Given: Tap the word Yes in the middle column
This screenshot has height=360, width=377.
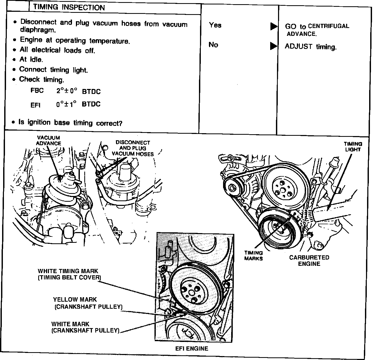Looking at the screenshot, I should pyautogui.click(x=215, y=25).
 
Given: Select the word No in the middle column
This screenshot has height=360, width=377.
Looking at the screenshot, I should pyautogui.click(x=213, y=45).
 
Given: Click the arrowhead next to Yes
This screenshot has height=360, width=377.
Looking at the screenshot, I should pyautogui.click(x=274, y=26).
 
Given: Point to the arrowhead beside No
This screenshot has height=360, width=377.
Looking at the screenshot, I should pyautogui.click(x=274, y=46).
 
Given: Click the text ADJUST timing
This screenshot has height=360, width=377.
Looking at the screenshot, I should pyautogui.click(x=310, y=47).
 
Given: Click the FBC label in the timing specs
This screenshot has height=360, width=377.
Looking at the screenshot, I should pyautogui.click(x=37, y=91).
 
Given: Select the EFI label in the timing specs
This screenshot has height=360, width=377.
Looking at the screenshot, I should pyautogui.click(x=35, y=105).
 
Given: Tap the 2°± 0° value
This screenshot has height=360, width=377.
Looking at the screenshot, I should pyautogui.click(x=67, y=91).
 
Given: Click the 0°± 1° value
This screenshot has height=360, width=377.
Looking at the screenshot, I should pyautogui.click(x=66, y=104).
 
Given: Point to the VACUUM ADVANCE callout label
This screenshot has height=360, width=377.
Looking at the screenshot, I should pyautogui.click(x=48, y=140).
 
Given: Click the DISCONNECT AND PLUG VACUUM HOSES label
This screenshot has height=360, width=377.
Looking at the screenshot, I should pyautogui.click(x=133, y=148).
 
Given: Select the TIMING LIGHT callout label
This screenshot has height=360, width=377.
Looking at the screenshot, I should pyautogui.click(x=353, y=147).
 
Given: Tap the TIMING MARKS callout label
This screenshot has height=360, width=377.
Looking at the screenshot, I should pyautogui.click(x=253, y=255).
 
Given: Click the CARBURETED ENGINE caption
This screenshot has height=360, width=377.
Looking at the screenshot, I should pyautogui.click(x=309, y=260).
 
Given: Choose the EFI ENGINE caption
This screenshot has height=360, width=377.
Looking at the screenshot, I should pyautogui.click(x=192, y=348).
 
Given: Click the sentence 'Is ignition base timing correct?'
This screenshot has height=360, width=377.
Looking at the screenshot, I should pyautogui.click(x=70, y=122).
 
